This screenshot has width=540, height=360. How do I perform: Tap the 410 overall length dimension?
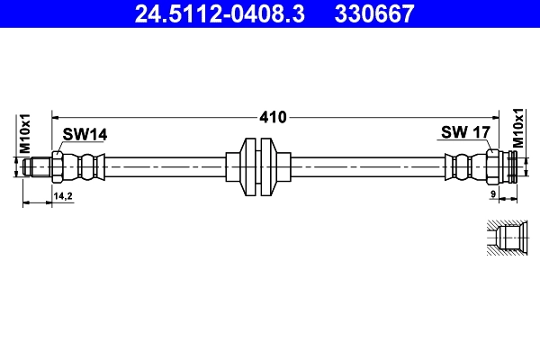[x=273, y=116]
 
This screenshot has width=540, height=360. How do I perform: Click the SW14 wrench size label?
[x=85, y=134]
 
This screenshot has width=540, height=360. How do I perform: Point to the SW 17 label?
[x=464, y=133]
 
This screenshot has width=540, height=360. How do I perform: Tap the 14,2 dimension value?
[x=63, y=194]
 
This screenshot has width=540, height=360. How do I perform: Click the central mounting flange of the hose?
[x=260, y=167]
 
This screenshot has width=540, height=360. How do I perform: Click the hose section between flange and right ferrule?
[x=369, y=167]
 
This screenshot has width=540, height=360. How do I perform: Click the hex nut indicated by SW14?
[x=58, y=167]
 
